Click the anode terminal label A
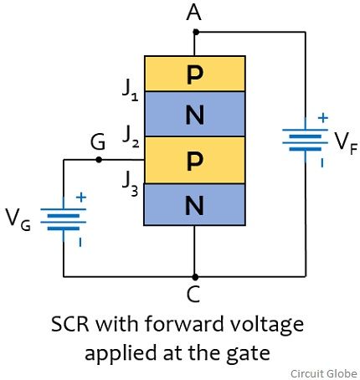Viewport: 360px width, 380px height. point(194,13)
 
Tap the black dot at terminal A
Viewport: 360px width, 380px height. point(196,32)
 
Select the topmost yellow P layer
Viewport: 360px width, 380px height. point(195,74)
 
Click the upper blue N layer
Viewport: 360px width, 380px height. point(195,114)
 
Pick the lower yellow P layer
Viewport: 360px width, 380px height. point(195,160)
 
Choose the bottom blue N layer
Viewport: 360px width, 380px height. point(195,204)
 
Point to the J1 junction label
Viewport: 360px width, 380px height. point(131,91)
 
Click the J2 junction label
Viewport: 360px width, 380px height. point(131,136)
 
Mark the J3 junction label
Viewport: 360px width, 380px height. point(131,183)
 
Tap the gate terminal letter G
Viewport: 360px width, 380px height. point(98,142)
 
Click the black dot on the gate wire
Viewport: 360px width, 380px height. point(99,160)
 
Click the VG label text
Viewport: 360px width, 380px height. point(18,220)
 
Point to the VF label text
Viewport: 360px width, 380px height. point(346,144)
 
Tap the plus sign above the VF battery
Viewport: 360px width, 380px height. point(323,118)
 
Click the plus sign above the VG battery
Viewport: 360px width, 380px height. point(81,198)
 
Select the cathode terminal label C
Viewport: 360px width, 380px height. point(193,295)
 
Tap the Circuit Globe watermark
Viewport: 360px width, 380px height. point(324,373)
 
